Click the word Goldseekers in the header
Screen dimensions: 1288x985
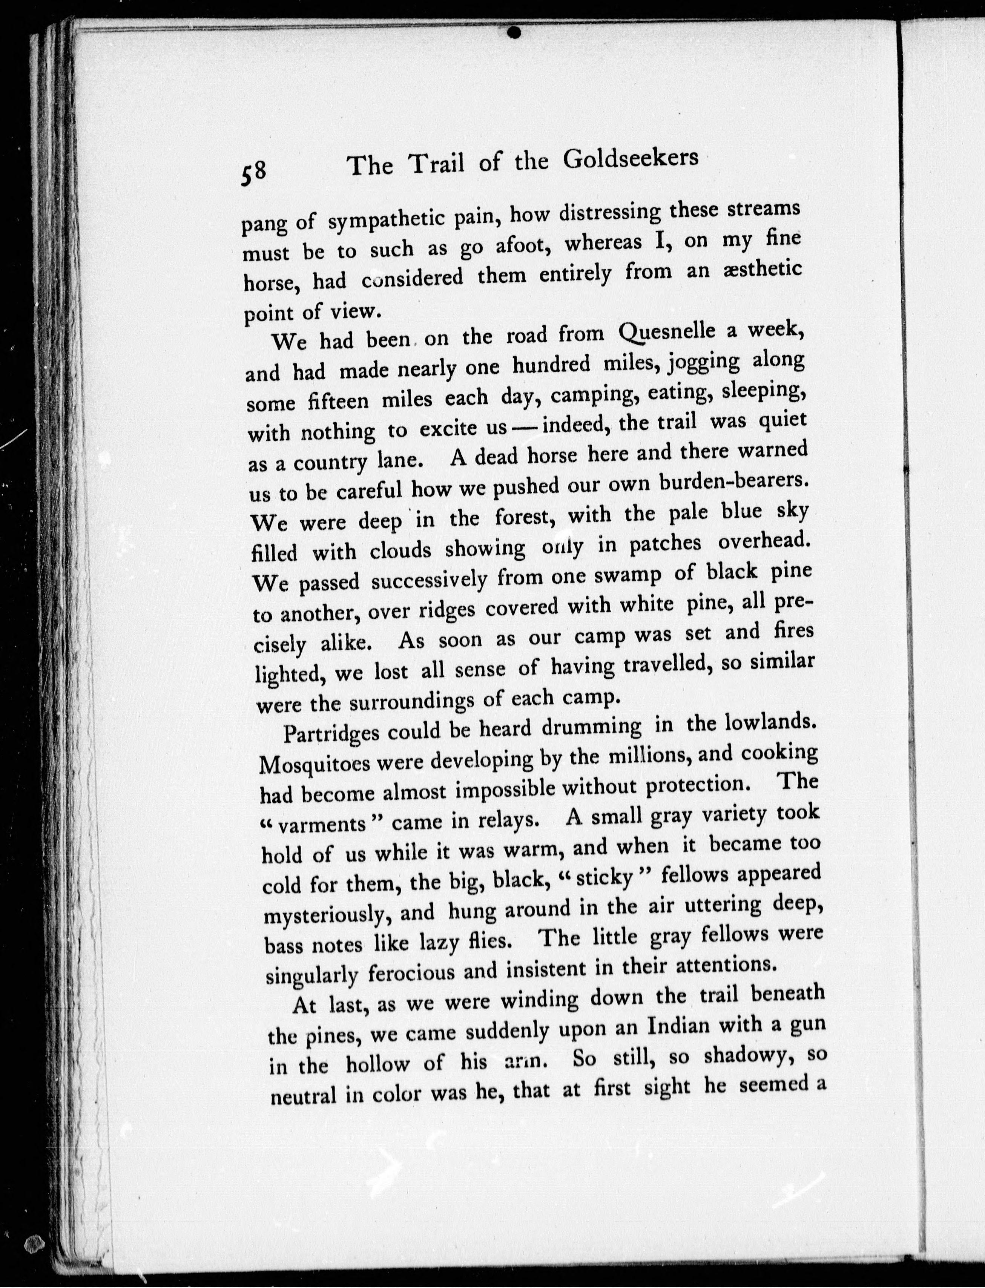pyautogui.click(x=631, y=158)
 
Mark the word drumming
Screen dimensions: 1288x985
pyautogui.click(x=592, y=727)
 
